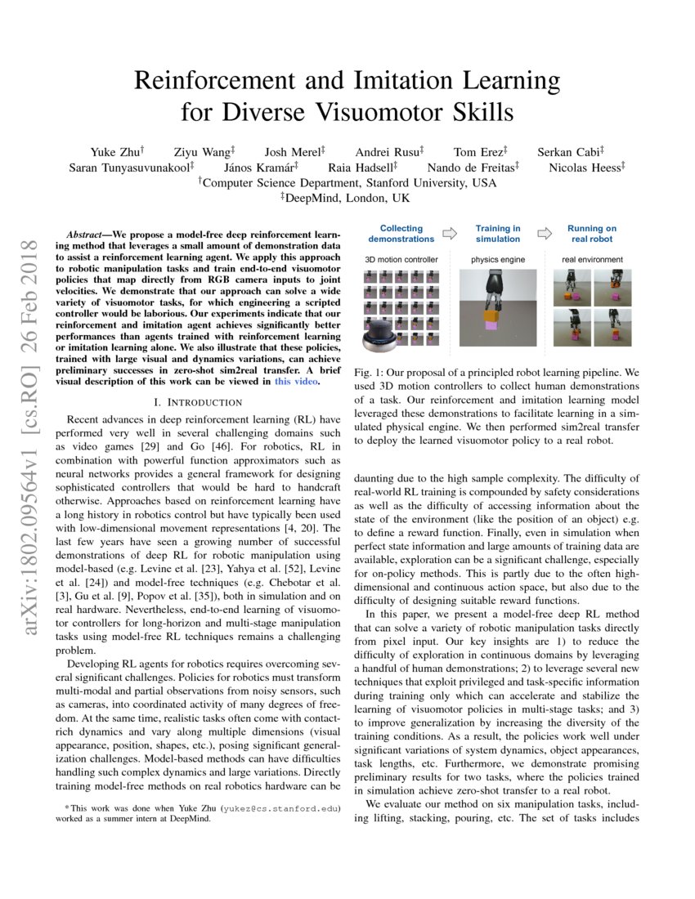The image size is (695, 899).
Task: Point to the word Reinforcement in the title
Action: click(217, 80)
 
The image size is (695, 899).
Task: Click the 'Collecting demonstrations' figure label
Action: click(401, 234)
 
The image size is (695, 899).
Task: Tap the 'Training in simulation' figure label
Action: click(498, 234)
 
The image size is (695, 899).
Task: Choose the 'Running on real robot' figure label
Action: click(591, 234)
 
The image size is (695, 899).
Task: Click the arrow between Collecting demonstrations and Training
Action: click(449, 233)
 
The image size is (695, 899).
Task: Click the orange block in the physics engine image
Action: click(492, 316)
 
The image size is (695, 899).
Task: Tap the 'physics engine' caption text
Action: click(498, 260)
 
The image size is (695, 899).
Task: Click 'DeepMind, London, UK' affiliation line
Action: click(347, 198)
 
